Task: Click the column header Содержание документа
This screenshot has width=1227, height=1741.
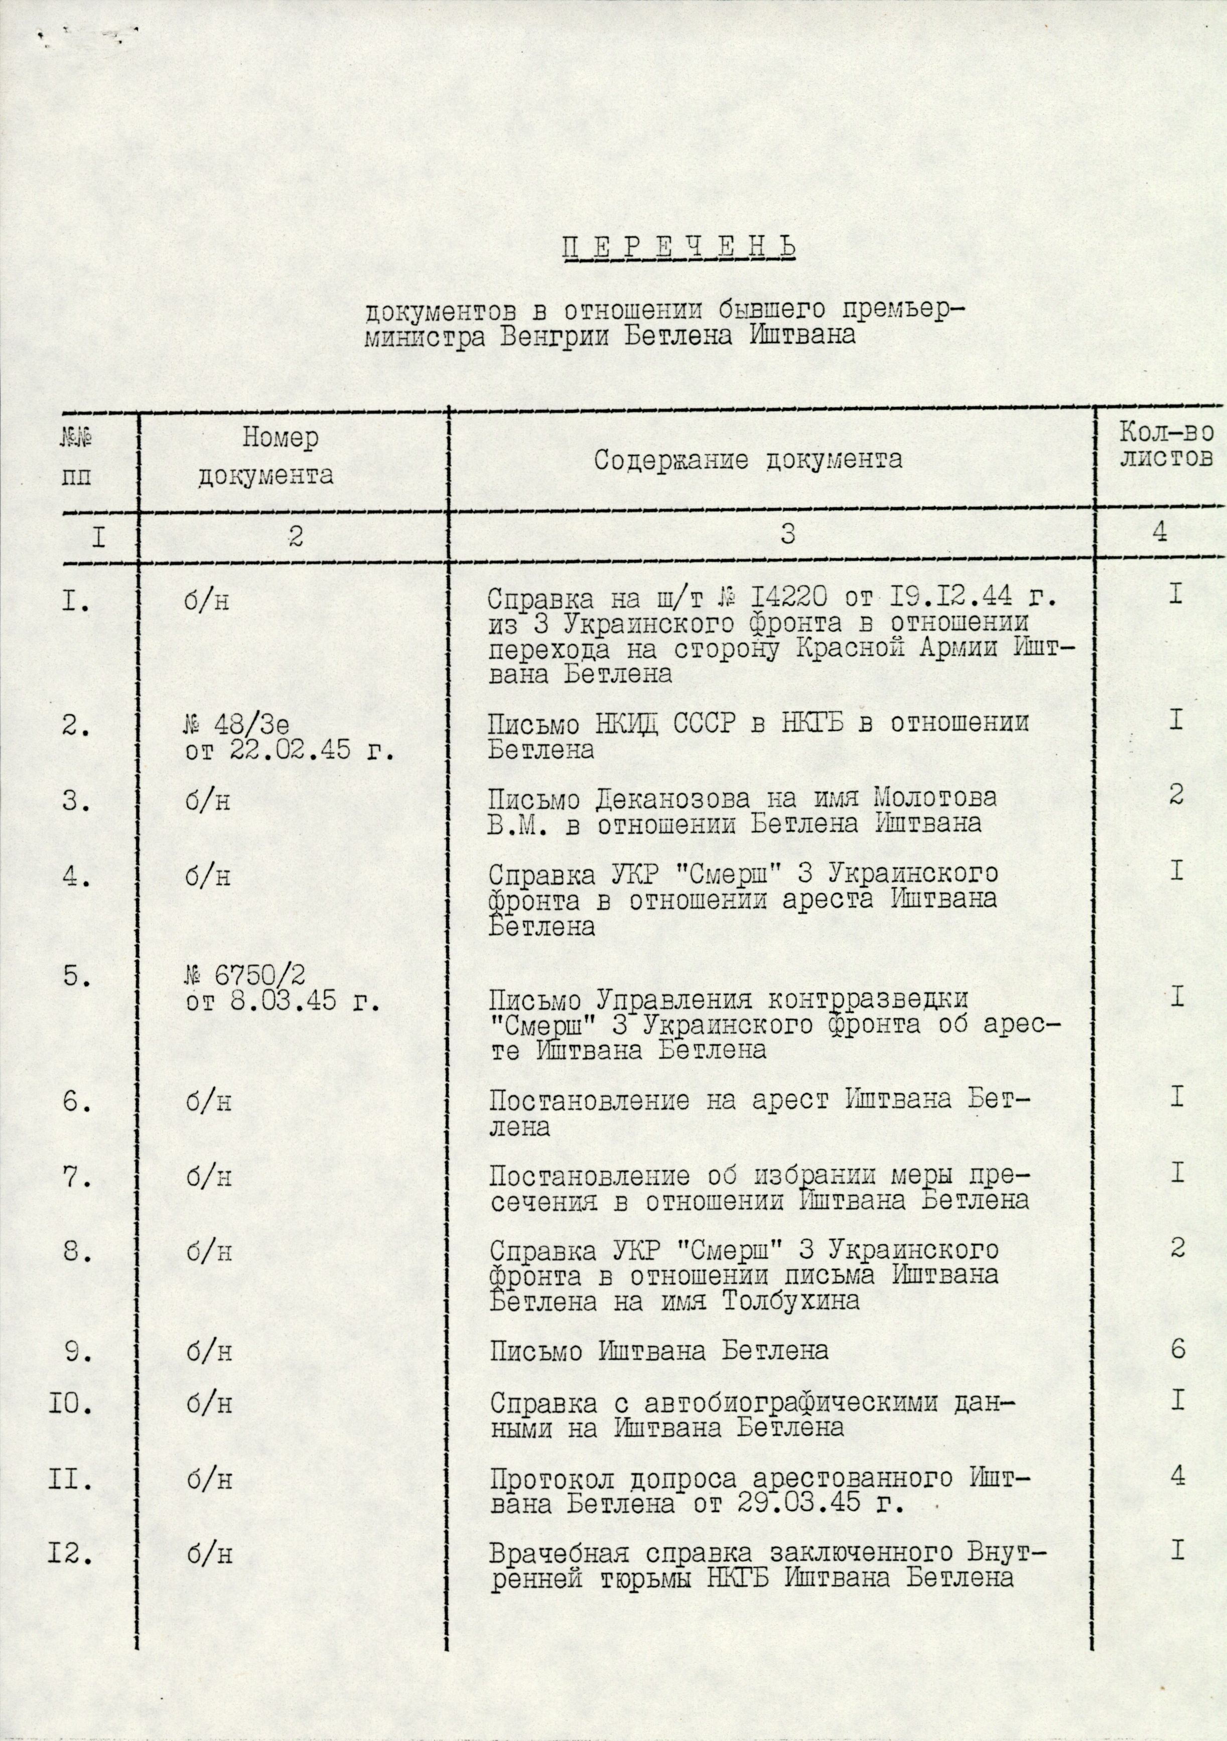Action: (x=748, y=460)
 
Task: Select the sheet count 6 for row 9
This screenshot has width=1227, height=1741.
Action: (x=1176, y=1349)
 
